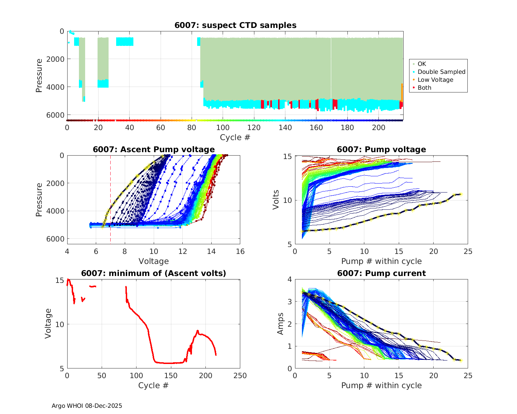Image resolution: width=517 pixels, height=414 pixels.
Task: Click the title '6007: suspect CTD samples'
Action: point(235,25)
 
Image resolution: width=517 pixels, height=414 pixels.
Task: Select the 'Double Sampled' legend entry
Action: point(441,72)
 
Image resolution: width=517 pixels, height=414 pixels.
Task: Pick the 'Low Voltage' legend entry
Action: point(435,80)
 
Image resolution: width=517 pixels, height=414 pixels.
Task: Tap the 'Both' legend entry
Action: point(424,88)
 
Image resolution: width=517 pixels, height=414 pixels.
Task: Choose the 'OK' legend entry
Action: point(422,64)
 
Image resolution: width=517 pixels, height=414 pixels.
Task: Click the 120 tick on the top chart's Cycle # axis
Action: point(254,128)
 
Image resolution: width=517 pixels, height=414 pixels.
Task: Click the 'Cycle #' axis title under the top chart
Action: point(235,137)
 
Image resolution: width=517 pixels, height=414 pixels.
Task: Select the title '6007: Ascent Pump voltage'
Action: point(154,149)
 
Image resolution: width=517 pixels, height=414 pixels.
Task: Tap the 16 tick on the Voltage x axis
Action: point(240,252)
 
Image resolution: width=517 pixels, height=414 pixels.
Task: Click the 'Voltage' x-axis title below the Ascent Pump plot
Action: point(154,261)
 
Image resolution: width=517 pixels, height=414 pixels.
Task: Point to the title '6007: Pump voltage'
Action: point(381,149)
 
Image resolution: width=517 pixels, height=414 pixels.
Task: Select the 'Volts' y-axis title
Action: point(276,200)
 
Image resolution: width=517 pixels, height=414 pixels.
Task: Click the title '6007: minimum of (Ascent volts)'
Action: point(154,273)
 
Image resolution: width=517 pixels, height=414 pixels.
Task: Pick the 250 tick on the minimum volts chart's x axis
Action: point(240,376)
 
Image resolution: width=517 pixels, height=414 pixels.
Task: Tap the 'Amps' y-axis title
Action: point(281,324)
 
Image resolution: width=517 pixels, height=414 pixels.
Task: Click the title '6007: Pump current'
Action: point(381,273)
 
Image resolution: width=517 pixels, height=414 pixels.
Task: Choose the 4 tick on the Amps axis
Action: point(290,279)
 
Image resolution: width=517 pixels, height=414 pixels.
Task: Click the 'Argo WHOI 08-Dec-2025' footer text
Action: point(87,406)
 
